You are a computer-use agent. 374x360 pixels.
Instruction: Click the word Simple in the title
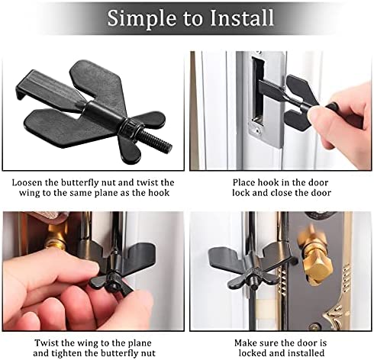[140, 18]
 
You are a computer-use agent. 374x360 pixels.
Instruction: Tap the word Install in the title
[242, 18]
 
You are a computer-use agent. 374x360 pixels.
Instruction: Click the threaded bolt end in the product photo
[156, 141]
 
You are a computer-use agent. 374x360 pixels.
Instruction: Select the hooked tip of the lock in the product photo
[21, 90]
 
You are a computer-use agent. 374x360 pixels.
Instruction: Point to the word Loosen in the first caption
[27, 182]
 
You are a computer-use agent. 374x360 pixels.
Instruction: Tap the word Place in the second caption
[243, 182]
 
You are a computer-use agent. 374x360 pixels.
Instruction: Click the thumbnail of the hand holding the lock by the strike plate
[280, 111]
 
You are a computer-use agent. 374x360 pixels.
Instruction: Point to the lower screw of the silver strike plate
[258, 131]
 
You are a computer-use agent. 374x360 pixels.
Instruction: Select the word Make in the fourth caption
[245, 342]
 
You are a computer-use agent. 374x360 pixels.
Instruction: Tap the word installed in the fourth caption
[305, 353]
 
